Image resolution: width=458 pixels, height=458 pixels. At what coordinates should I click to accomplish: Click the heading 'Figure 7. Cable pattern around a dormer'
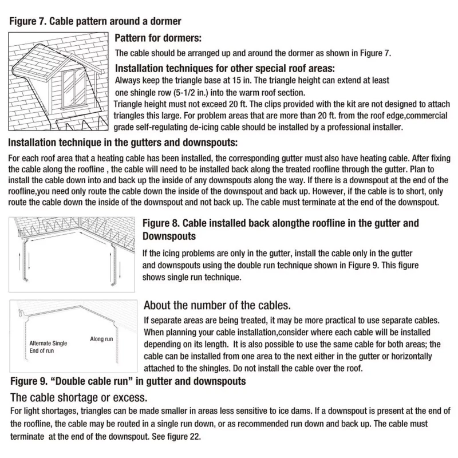(x=95, y=22)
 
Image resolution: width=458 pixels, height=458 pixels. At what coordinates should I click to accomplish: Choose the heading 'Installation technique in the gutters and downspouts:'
(x=123, y=142)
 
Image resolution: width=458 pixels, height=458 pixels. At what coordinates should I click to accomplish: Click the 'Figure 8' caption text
(x=281, y=223)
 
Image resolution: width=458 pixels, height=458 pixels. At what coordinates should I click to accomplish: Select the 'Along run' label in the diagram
(x=101, y=339)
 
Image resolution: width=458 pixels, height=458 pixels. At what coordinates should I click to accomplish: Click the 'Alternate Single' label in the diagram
(x=48, y=343)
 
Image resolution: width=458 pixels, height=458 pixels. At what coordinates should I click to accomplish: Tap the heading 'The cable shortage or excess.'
(x=78, y=397)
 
